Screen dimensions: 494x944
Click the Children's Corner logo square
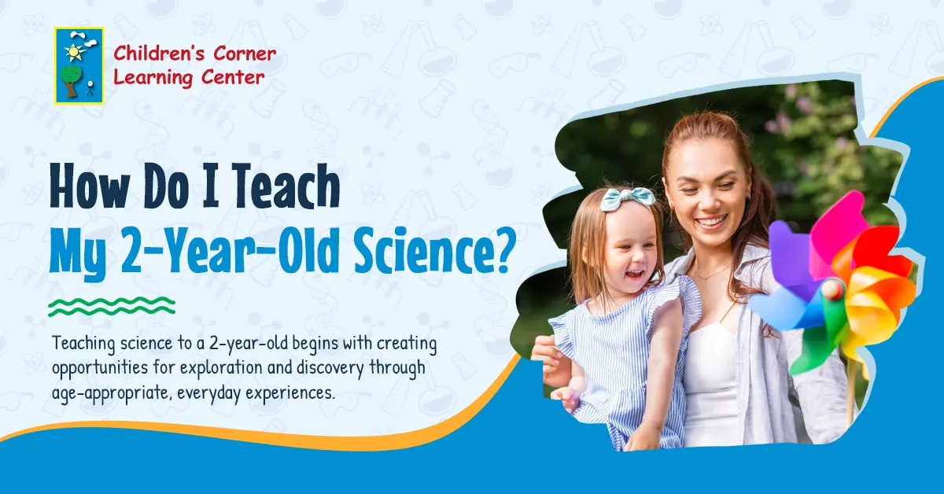79,65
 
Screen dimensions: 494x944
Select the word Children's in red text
150,53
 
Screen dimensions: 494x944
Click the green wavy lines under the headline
112,306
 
